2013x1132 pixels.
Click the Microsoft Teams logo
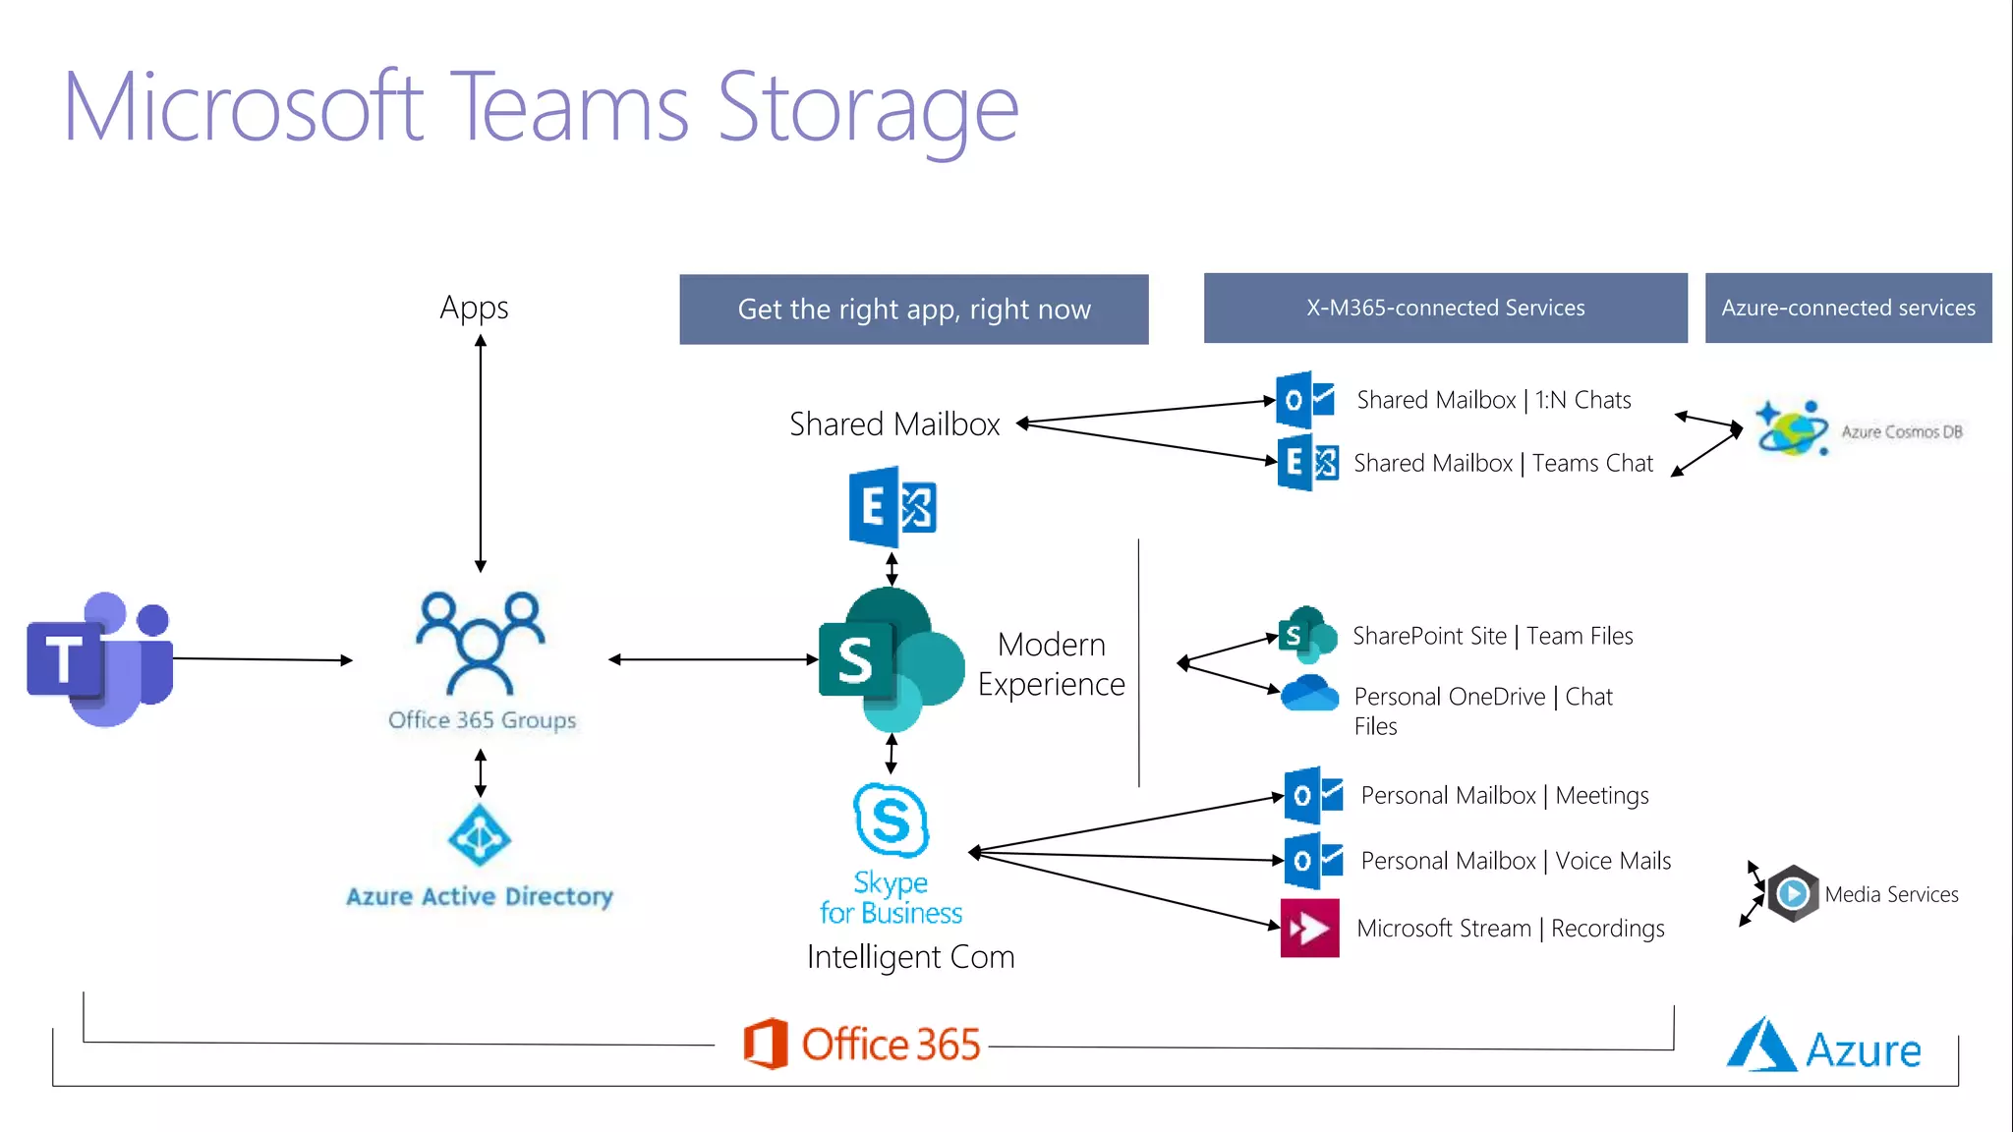point(99,659)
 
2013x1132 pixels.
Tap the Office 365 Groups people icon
point(480,644)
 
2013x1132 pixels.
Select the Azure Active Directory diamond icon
point(479,835)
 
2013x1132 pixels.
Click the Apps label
point(474,308)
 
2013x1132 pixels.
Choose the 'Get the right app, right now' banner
point(913,310)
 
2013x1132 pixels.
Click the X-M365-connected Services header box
point(1445,308)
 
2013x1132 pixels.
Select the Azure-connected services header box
point(1848,308)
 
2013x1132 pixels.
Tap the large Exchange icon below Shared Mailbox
point(891,507)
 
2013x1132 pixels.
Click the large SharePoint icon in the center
point(890,659)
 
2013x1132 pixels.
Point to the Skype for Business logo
point(891,821)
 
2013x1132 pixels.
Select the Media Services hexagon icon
point(1793,893)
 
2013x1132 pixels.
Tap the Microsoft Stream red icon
point(1309,928)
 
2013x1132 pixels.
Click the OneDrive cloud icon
point(1309,694)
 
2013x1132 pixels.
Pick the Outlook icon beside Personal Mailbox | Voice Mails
point(1312,861)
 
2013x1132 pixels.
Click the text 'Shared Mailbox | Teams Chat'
point(1503,463)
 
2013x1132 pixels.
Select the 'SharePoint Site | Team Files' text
point(1492,636)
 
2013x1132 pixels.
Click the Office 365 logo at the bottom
point(862,1044)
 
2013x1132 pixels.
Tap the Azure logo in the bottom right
point(1823,1047)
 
